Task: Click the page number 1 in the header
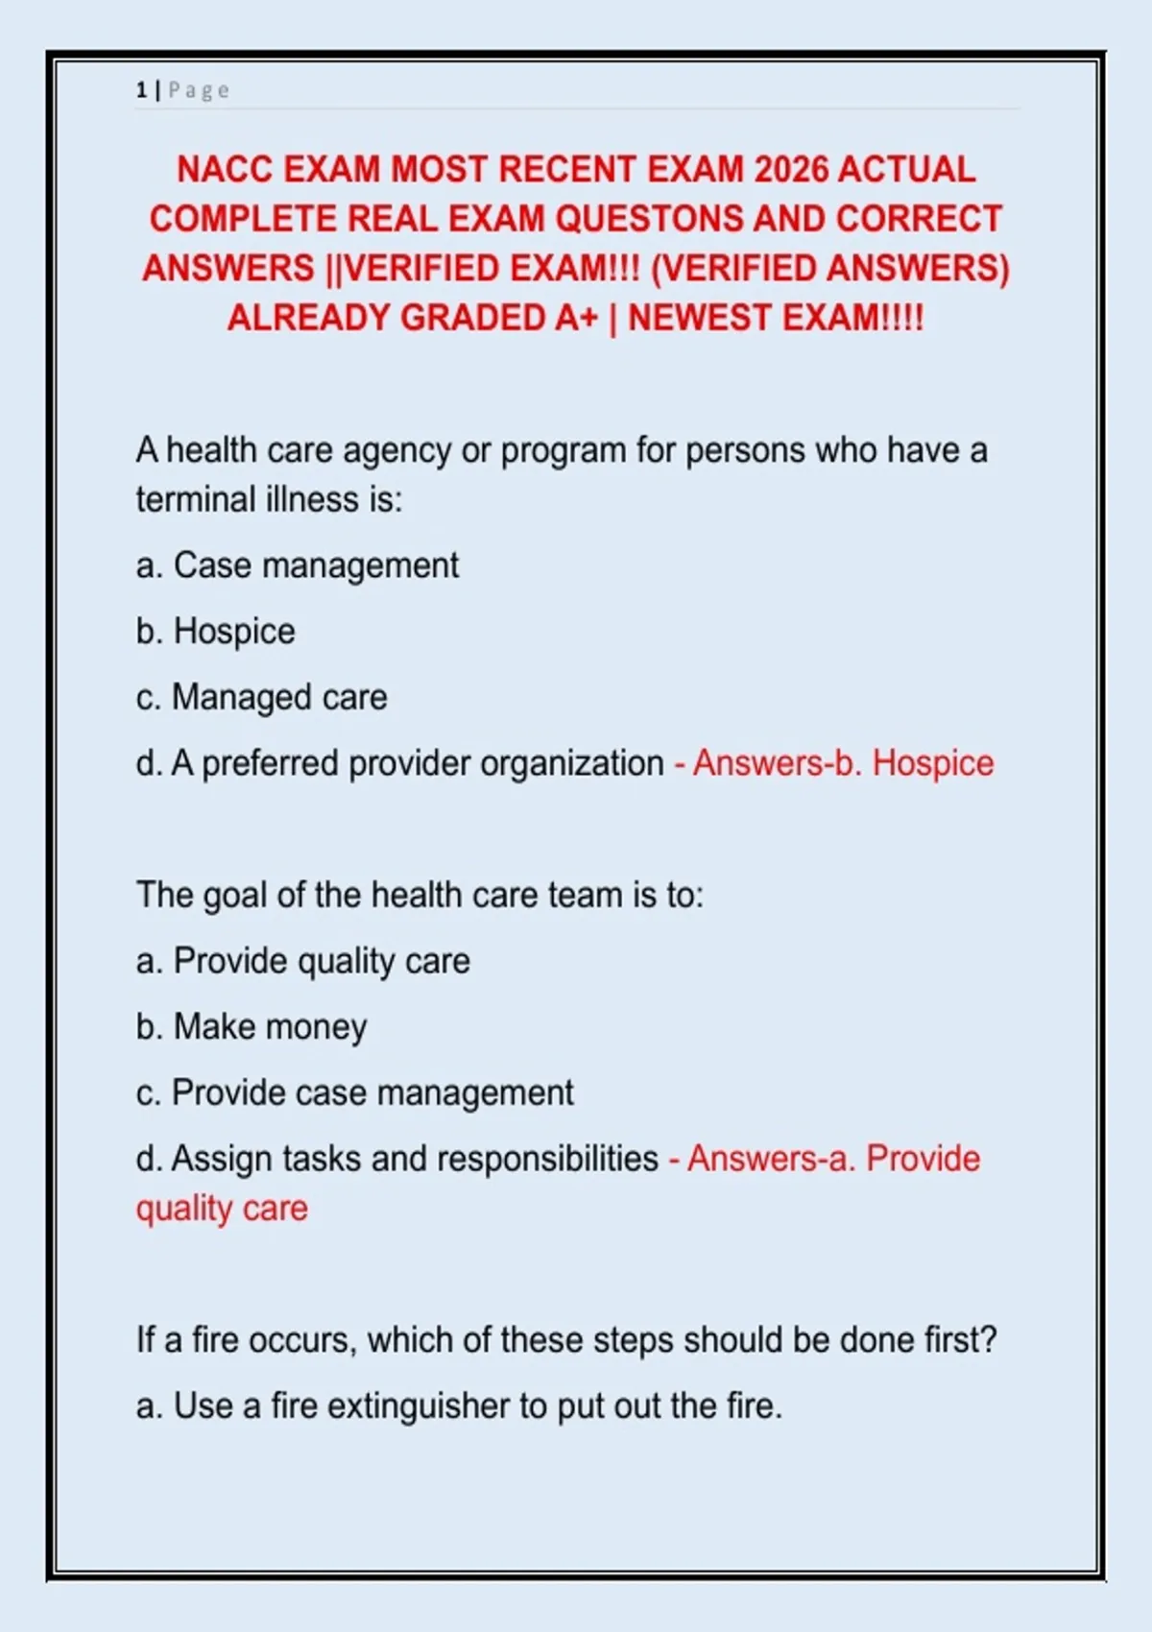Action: point(141,90)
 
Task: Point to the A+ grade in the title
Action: point(576,318)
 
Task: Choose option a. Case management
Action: point(298,565)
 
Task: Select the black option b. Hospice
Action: point(216,632)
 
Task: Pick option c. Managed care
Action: point(262,698)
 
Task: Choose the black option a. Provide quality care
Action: point(303,961)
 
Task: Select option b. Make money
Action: point(252,1027)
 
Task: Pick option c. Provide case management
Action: point(355,1093)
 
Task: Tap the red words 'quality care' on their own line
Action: point(222,1209)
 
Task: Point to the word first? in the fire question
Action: point(960,1340)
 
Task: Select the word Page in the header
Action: point(199,90)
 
